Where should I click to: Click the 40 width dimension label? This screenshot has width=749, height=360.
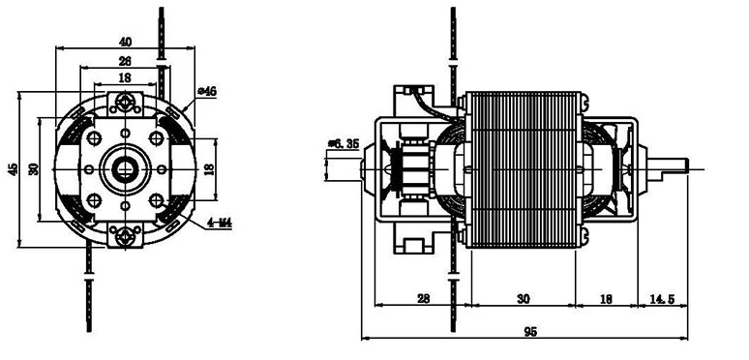pos(125,42)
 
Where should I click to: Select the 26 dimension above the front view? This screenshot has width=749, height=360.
pos(125,61)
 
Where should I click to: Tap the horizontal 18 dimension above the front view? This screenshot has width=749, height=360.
pos(124,77)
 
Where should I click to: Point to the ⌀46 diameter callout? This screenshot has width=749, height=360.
pos(207,91)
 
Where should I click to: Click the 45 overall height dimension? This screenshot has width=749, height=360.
pos(13,169)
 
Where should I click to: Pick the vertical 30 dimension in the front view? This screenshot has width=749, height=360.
pos(34,169)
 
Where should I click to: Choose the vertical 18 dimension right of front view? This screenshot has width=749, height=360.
pos(209,169)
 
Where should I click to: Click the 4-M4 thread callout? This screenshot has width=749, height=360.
pos(220,223)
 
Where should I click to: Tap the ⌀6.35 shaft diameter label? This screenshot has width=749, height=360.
pos(344,144)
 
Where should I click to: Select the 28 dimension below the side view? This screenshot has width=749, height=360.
pos(423,299)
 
